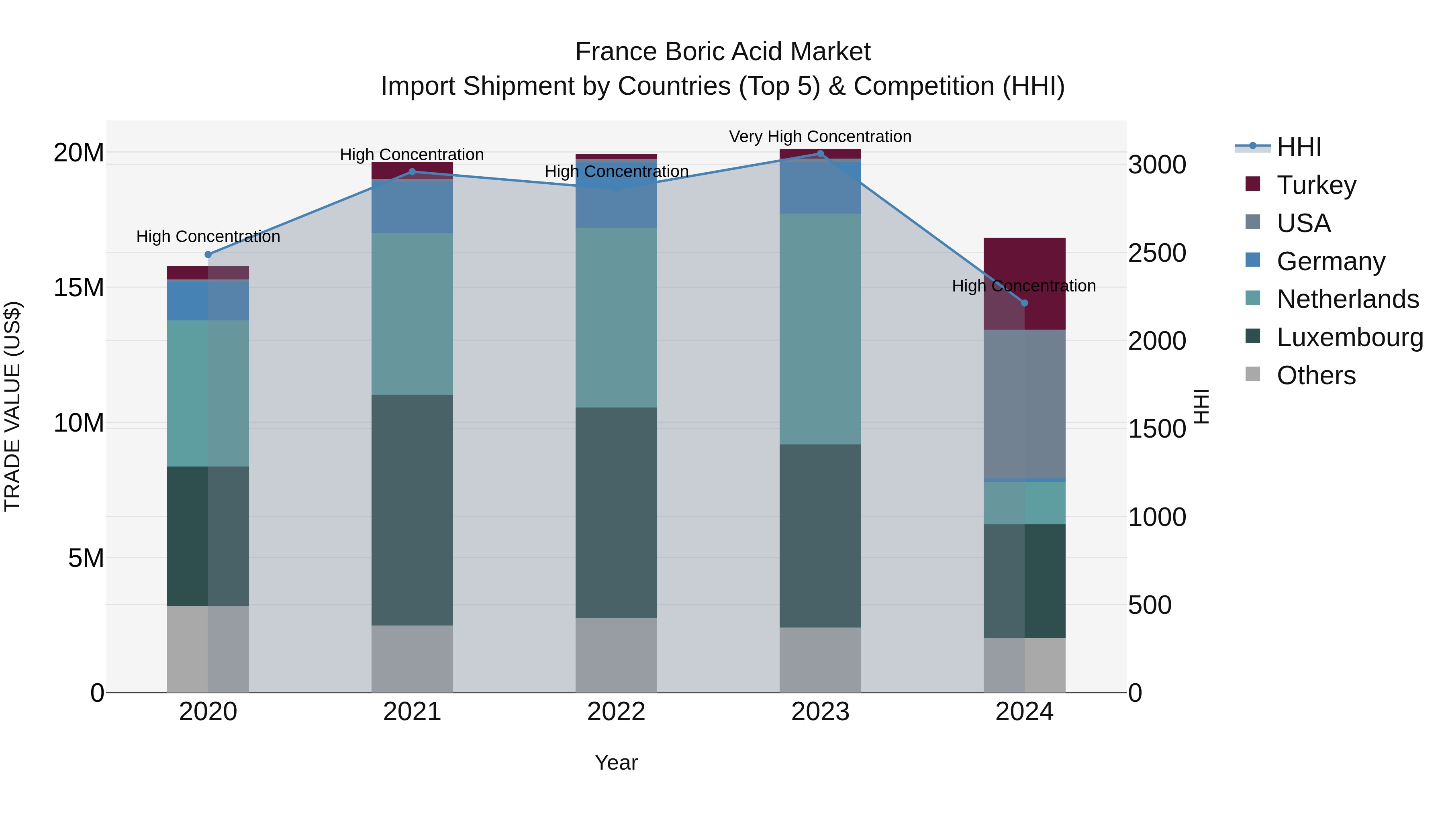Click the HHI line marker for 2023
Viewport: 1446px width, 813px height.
click(820, 154)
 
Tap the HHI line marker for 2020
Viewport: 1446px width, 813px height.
click(208, 255)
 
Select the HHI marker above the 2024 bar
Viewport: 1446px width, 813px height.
click(1024, 303)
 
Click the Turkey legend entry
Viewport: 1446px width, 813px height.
click(1316, 185)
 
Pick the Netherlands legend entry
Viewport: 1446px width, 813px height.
click(1347, 300)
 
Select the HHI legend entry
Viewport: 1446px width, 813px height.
click(1298, 147)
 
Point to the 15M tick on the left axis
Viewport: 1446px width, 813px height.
click(79, 288)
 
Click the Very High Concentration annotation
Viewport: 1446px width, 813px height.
click(820, 137)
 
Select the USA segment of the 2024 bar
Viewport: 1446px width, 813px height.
click(1024, 404)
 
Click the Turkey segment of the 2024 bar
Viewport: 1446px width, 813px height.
click(1044, 264)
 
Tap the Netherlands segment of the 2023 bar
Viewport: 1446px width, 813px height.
click(820, 329)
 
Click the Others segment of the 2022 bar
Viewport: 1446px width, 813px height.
click(616, 655)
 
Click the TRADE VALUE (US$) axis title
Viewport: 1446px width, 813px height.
click(12, 406)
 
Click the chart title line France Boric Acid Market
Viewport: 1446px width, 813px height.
click(723, 52)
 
